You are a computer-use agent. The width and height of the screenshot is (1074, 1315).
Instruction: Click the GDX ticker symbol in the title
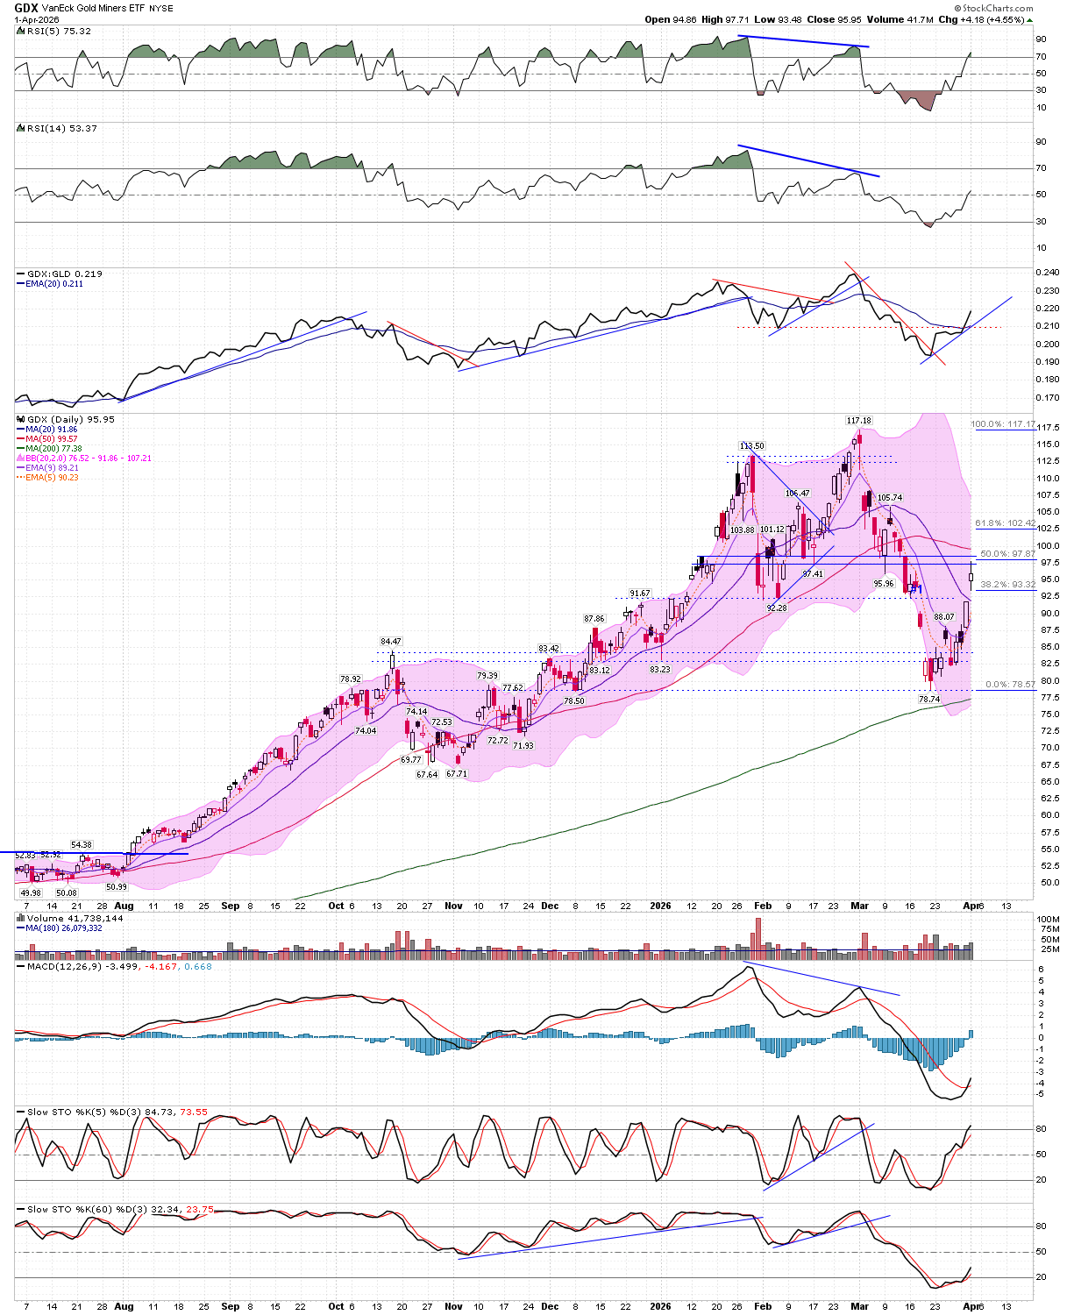[x=26, y=8]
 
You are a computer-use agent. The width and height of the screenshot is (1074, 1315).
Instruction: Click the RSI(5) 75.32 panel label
[x=58, y=31]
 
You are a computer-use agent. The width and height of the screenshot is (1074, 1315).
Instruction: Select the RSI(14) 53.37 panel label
[x=61, y=128]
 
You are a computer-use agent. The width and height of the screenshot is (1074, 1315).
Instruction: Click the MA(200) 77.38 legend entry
[x=53, y=448]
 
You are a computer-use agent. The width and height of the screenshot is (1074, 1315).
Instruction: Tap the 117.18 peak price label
[x=858, y=421]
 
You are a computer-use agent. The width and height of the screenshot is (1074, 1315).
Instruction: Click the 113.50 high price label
[x=751, y=446]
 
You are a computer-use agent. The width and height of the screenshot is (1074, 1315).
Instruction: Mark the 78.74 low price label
[x=928, y=700]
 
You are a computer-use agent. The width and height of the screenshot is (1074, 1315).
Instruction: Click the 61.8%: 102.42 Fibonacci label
[x=1005, y=523]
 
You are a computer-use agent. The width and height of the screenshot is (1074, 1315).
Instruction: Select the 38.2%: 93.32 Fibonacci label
[x=1007, y=584]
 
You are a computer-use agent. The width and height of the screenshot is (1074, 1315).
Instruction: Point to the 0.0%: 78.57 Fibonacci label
[x=1010, y=685]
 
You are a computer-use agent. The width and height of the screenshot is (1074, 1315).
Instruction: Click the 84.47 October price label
[x=390, y=642]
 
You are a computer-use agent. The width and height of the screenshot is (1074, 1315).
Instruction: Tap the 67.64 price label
[x=427, y=775]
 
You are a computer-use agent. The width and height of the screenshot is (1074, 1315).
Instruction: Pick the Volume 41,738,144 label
[x=70, y=918]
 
